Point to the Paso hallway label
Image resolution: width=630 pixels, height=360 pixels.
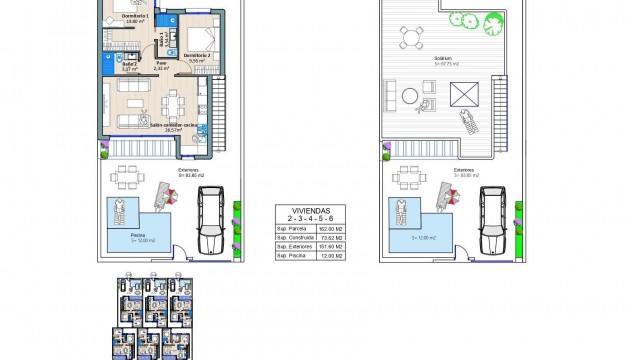(x=160, y=64)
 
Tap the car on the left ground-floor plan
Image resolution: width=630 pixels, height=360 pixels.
(x=211, y=220)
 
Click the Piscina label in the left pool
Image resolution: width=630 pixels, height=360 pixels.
(x=112, y=236)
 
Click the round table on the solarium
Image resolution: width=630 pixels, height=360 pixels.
(x=410, y=96)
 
